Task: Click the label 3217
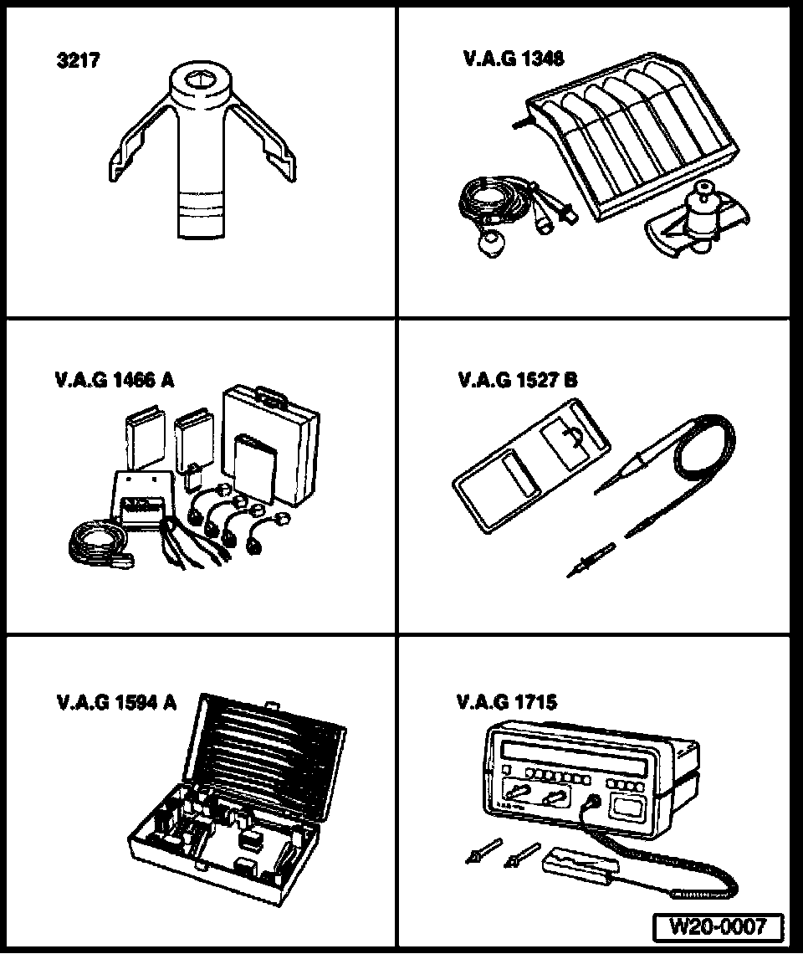[78, 60]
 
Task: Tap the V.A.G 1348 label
[514, 58]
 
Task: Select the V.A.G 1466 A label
[115, 380]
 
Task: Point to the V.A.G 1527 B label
[517, 380]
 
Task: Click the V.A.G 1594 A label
[116, 703]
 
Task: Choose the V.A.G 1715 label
[507, 702]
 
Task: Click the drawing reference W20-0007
[718, 926]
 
